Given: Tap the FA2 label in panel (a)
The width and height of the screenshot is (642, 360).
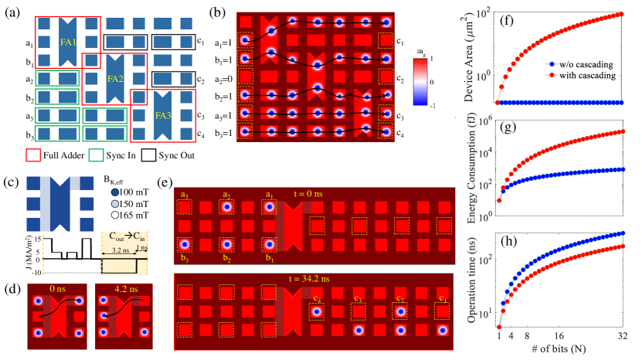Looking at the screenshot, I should click(x=115, y=78).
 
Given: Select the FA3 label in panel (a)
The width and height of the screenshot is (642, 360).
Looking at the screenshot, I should click(x=162, y=116).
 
